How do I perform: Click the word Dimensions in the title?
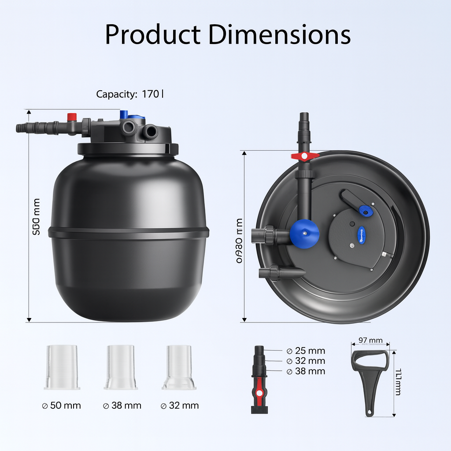pos(279,34)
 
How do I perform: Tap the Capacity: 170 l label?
pos(130,94)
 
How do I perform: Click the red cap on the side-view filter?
pos(71,117)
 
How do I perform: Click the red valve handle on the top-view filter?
pos(305,156)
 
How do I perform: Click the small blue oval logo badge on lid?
pos(362,232)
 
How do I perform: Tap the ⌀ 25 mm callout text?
pos(306,351)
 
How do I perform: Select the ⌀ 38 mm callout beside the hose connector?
pos(306,371)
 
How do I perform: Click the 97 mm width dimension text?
pos(370,340)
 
